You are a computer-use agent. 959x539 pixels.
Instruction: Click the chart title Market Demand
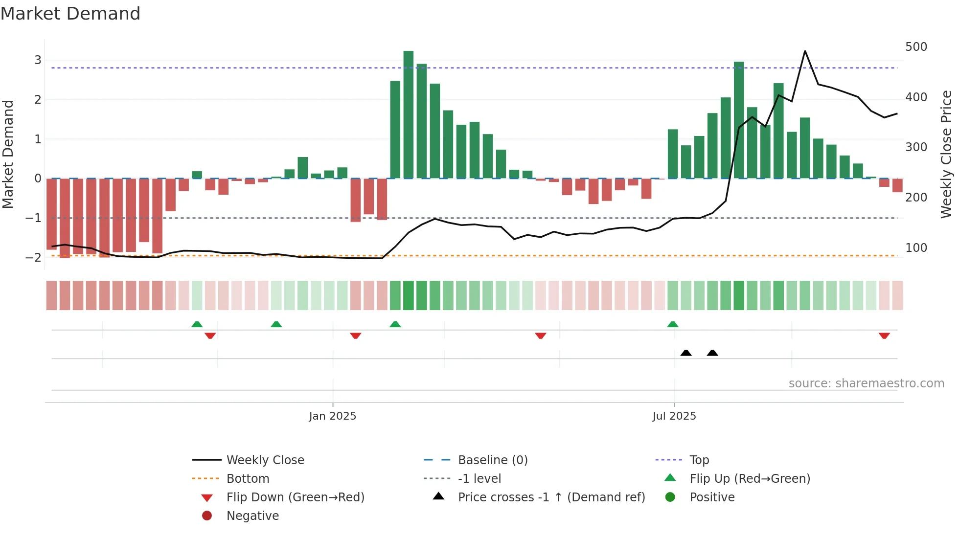pyautogui.click(x=70, y=14)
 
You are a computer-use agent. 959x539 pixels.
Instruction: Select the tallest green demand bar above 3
pyautogui.click(x=408, y=114)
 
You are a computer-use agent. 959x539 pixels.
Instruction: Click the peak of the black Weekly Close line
pyautogui.click(x=805, y=51)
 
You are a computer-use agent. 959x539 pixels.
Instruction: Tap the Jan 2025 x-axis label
pyautogui.click(x=332, y=416)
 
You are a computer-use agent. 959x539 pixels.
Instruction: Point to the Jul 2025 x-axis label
pyautogui.click(x=674, y=416)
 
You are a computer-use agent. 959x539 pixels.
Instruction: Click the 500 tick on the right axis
pyautogui.click(x=916, y=47)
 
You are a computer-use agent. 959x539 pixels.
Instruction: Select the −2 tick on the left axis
pyautogui.click(x=34, y=257)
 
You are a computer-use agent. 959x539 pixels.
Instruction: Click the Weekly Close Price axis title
pyautogui.click(x=946, y=154)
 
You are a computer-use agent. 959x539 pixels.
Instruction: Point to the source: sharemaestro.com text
pyautogui.click(x=866, y=383)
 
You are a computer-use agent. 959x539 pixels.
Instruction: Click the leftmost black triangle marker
pyautogui.click(x=686, y=353)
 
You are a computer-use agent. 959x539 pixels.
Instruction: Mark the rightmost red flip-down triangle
pyautogui.click(x=884, y=336)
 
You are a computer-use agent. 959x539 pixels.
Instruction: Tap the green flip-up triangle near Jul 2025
pyautogui.click(x=673, y=324)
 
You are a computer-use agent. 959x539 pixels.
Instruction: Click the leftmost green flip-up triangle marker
pyautogui.click(x=197, y=324)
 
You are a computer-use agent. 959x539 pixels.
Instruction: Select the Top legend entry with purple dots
pyautogui.click(x=699, y=460)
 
